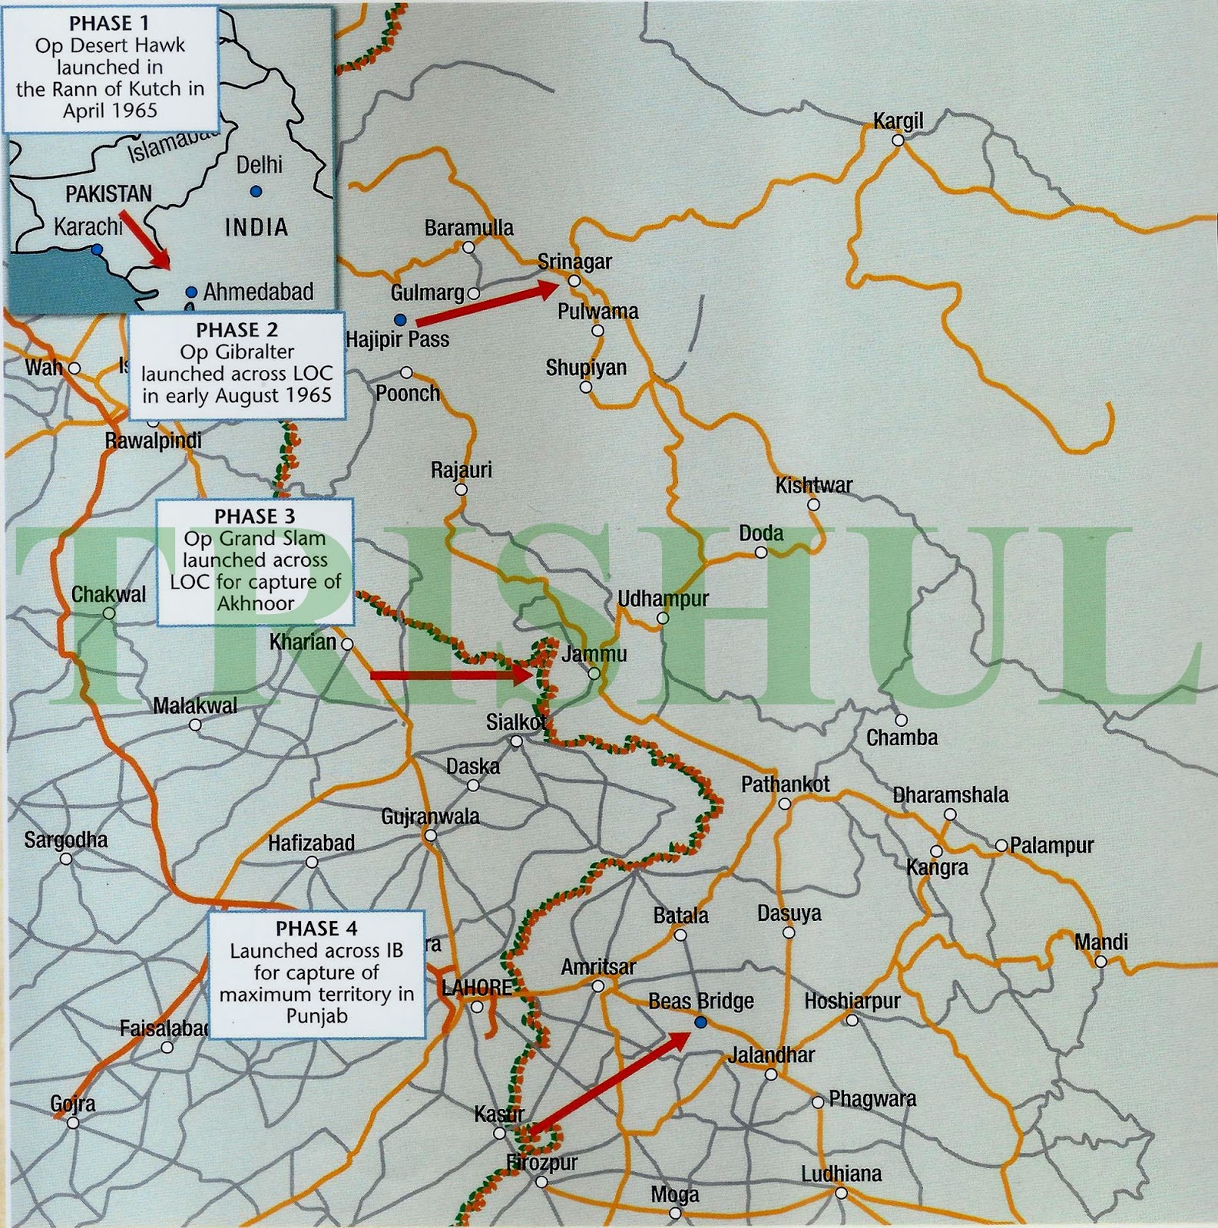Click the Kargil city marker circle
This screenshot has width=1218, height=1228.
897,140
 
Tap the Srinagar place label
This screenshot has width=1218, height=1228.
574,262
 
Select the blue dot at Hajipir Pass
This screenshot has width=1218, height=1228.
399,319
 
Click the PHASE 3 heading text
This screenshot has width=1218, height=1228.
254,516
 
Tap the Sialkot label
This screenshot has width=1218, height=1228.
515,722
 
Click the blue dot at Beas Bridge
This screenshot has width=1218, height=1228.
700,1022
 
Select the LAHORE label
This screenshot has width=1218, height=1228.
477,988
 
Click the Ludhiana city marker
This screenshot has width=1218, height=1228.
842,1193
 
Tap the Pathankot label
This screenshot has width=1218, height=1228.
785,784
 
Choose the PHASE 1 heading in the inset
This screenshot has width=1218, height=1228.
109,24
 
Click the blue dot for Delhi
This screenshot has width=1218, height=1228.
256,190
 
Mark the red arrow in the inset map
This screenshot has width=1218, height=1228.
146,239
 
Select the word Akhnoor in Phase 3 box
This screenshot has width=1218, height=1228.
255,603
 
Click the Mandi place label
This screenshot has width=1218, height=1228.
1101,942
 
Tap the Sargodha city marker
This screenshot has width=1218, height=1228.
66,859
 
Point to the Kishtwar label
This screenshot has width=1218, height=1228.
813,485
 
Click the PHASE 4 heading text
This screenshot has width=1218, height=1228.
316,928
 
